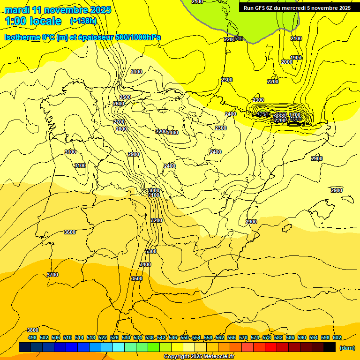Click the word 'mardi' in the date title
(x=17, y=10)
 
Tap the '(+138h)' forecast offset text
(x=82, y=21)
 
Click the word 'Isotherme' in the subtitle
(x=22, y=37)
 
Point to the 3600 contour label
(x=70, y=232)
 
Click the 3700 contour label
(x=52, y=275)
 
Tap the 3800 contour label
(x=32, y=330)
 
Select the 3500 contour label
(x=136, y=278)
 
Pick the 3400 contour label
(x=145, y=264)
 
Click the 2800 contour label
(x=121, y=129)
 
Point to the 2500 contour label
(x=125, y=97)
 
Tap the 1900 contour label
(x=296, y=58)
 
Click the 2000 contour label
(x=287, y=62)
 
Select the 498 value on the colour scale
(x=32, y=337)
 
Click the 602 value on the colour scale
(x=337, y=337)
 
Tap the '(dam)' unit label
(x=347, y=348)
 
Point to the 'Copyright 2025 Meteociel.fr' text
(x=199, y=357)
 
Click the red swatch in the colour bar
(x=270, y=347)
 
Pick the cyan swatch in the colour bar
(x=118, y=347)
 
